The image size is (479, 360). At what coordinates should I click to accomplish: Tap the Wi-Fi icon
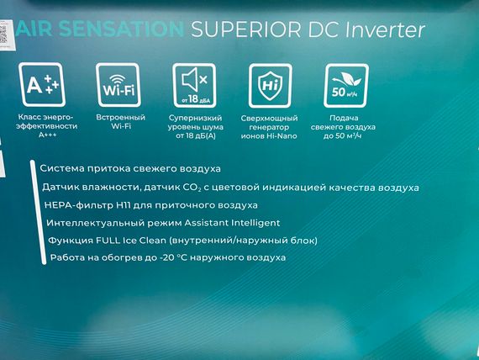pyautogui.click(x=117, y=85)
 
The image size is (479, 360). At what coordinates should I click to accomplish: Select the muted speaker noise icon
pyautogui.click(x=194, y=85)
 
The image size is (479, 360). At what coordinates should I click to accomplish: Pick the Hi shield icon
pyautogui.click(x=270, y=85)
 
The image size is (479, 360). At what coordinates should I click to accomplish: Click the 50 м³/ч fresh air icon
pyautogui.click(x=346, y=85)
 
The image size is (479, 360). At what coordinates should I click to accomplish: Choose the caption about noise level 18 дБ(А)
pyautogui.click(x=194, y=125)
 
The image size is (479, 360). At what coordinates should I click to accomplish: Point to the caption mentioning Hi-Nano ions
pyautogui.click(x=271, y=125)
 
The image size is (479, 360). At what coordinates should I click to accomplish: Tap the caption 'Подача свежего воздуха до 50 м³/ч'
pyautogui.click(x=346, y=125)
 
